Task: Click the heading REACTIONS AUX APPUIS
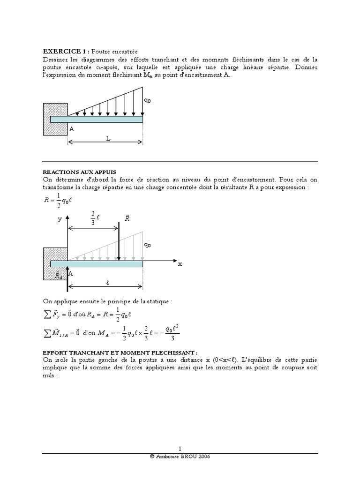point(79,172)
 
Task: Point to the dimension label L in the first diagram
point(107,139)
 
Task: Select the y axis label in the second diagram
point(60,219)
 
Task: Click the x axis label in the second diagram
point(180,264)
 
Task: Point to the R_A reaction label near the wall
point(59,276)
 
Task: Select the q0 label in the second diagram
point(148,245)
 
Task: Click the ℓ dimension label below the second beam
point(107,283)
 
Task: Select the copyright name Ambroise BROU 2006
point(180,457)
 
